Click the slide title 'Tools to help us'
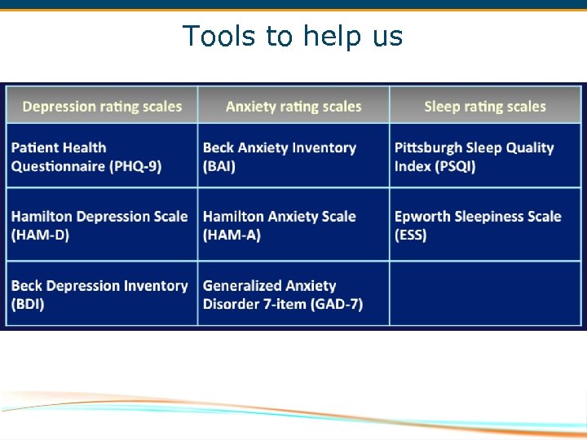tap(293, 37)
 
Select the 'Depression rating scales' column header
tap(102, 107)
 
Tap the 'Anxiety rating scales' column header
tap(293, 107)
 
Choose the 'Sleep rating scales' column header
tap(485, 107)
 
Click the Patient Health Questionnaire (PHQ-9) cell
tap(102, 156)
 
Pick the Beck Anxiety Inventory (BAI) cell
tap(293, 156)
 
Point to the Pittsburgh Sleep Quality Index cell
tap(485, 156)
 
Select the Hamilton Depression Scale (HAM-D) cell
tap(102, 226)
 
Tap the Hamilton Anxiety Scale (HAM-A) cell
tap(293, 226)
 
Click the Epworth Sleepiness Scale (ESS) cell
tap(485, 226)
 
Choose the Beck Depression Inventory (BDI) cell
tap(102, 295)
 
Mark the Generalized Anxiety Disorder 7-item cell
tap(293, 295)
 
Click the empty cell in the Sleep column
tap(485, 293)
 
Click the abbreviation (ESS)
tap(411, 235)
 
